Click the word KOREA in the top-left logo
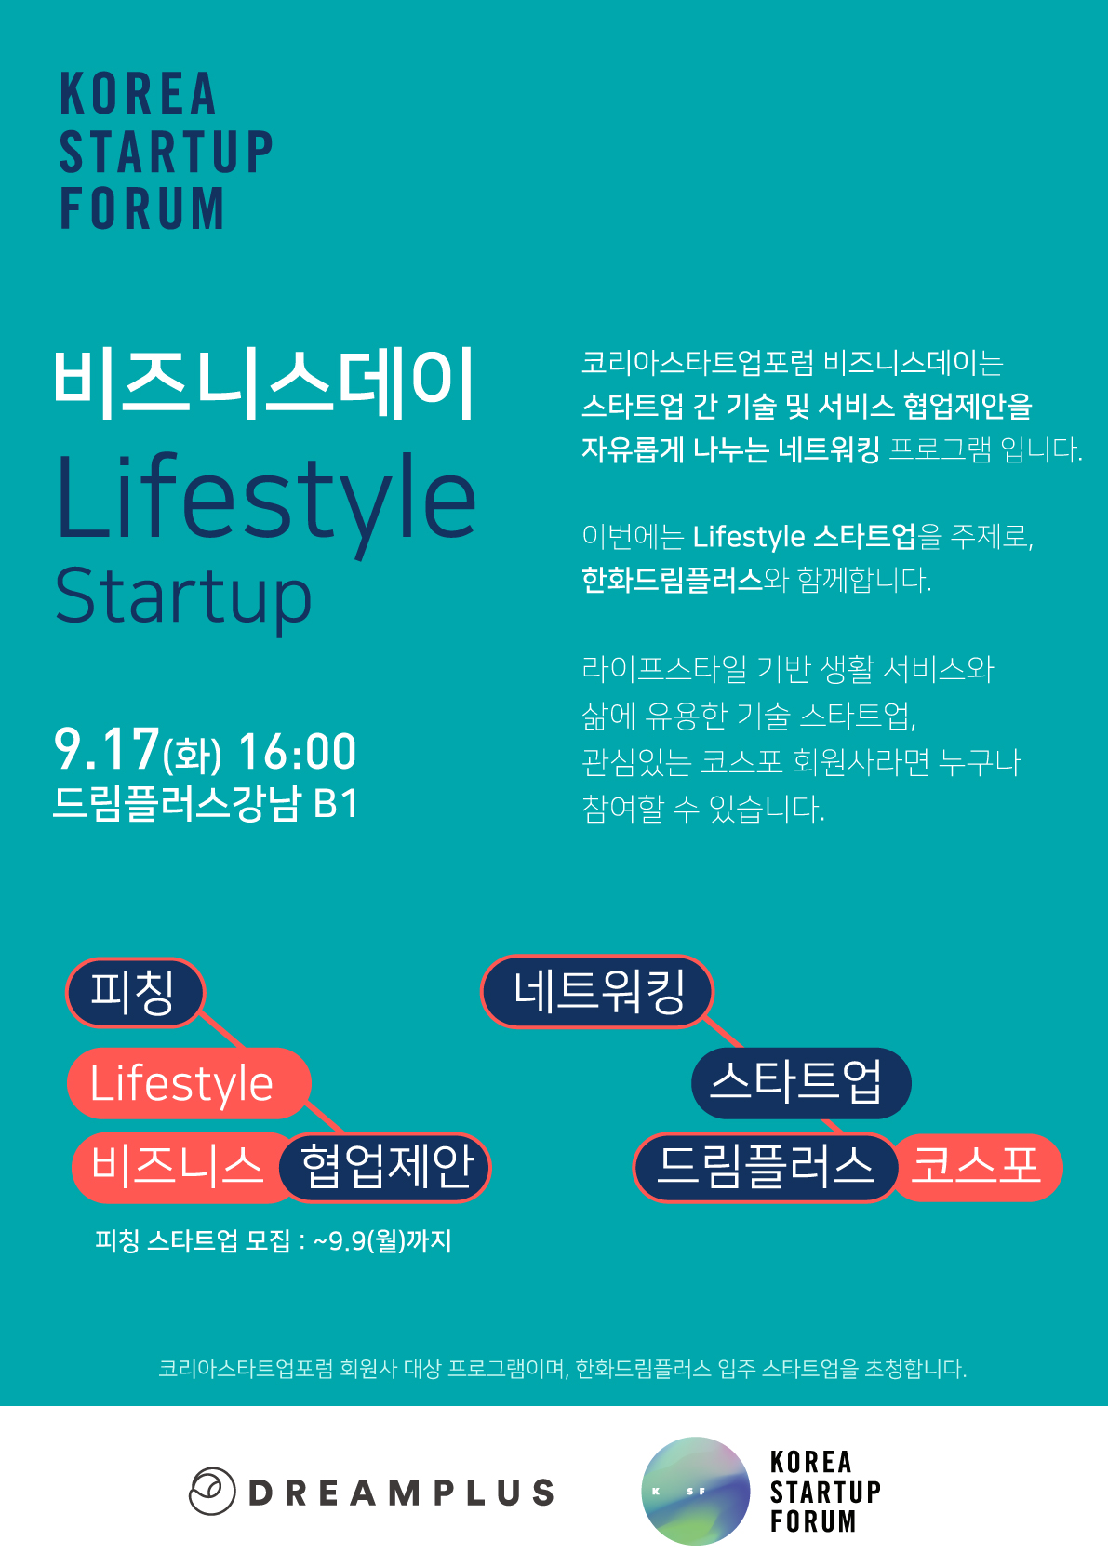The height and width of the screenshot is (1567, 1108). (x=138, y=93)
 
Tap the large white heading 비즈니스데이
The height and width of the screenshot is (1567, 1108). (x=265, y=384)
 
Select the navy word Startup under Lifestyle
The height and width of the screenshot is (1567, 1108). (x=183, y=598)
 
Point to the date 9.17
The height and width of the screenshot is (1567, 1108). (x=107, y=749)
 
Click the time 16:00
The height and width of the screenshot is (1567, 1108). (x=298, y=752)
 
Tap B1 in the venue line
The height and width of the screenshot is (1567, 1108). (x=336, y=804)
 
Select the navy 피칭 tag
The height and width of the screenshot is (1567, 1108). (x=135, y=993)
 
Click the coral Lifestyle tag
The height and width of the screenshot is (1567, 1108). (x=188, y=1083)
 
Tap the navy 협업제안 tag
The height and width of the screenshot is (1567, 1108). (x=385, y=1167)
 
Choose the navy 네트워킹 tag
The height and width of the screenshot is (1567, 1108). (x=597, y=991)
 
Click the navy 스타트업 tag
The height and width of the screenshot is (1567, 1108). (x=801, y=1083)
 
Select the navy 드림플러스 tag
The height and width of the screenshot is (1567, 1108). (x=766, y=1167)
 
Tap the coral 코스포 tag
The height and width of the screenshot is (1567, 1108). (x=978, y=1167)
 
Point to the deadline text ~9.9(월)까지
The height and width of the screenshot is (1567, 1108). (x=382, y=1241)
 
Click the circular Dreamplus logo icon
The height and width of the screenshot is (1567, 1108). (x=212, y=1491)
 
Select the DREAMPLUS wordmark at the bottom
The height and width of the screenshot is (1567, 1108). (x=402, y=1493)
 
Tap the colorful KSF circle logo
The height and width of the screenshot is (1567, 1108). (x=695, y=1491)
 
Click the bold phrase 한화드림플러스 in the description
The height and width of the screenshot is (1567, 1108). (x=673, y=580)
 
